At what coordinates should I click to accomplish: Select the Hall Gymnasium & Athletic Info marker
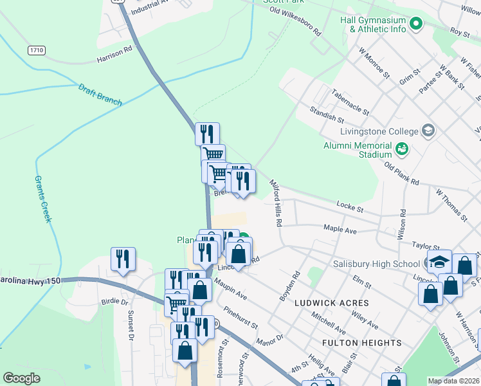point(416,24)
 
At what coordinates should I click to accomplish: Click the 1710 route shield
point(36,50)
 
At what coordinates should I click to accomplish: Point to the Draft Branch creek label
point(100,93)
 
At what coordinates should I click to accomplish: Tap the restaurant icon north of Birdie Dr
point(123,259)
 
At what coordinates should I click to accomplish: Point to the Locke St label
point(350,207)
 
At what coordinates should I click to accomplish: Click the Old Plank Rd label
point(401,174)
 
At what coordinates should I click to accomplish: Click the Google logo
point(21,378)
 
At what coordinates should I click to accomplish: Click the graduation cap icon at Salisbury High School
point(439,262)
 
